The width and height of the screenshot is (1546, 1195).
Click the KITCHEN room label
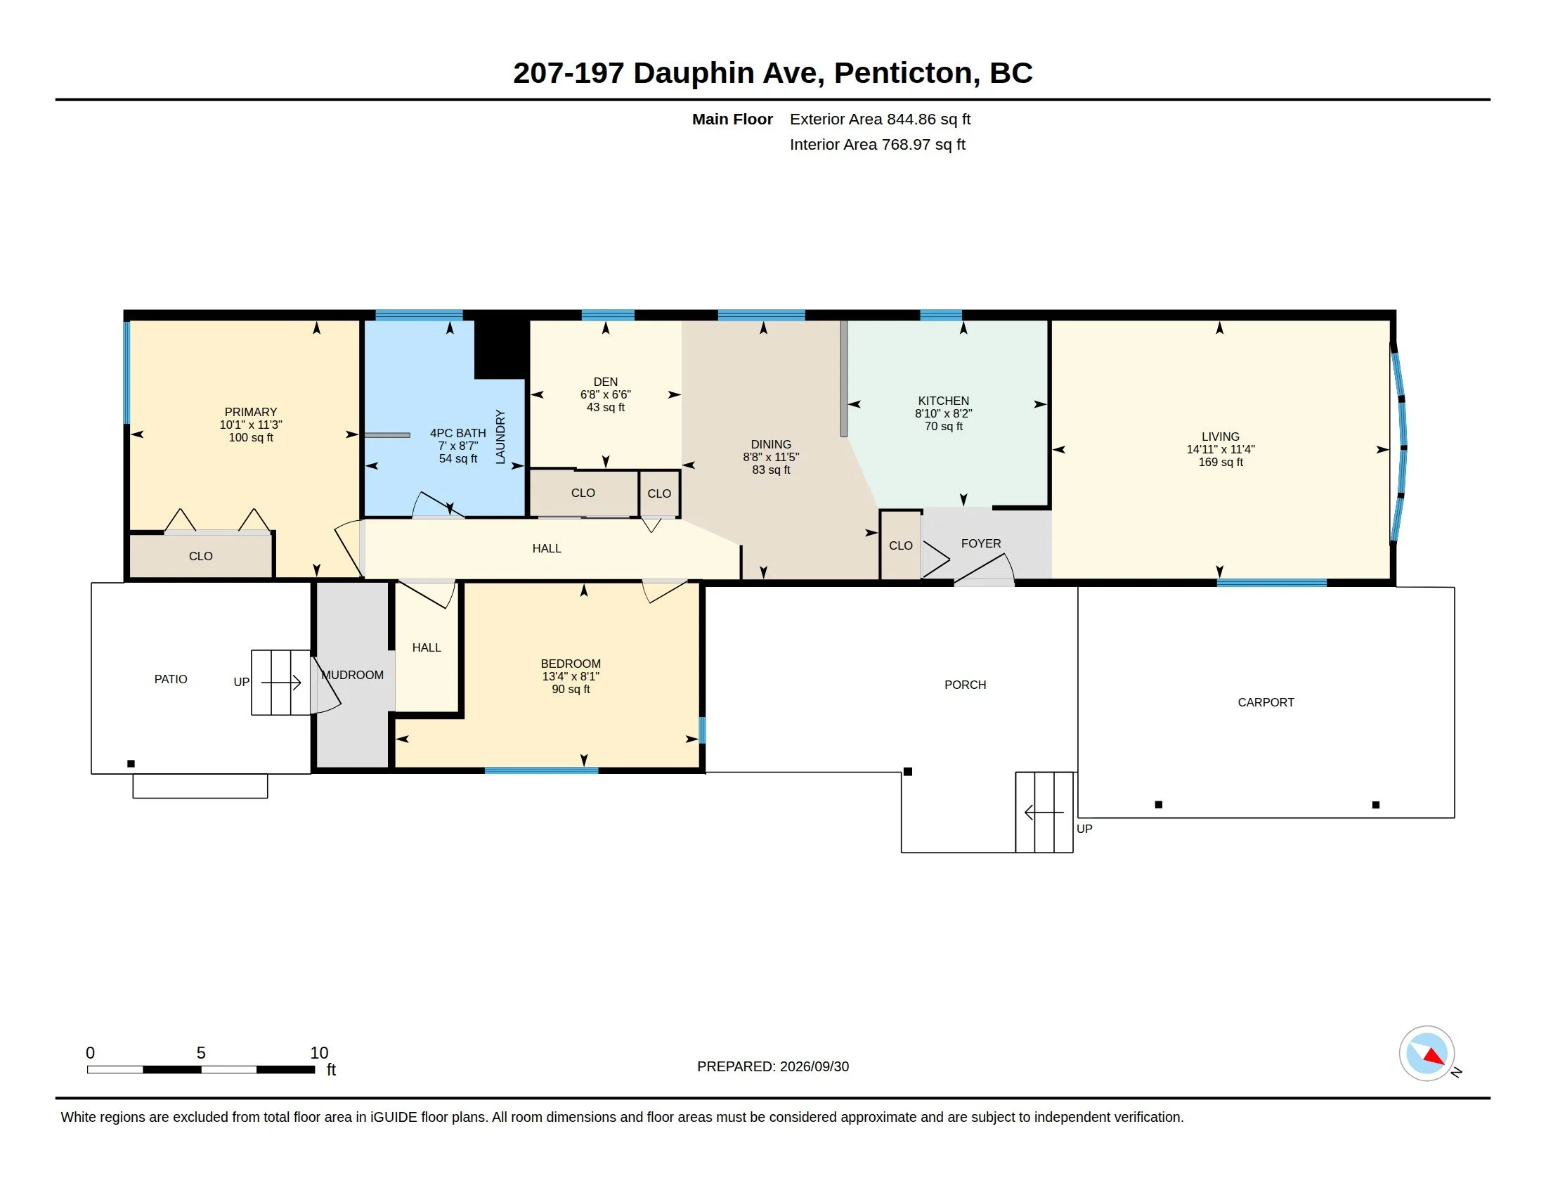coord(944,401)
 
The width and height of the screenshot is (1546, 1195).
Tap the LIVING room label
coord(1221,437)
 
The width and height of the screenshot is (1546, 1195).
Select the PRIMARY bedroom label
coord(251,412)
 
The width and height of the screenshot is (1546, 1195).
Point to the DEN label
coord(605,382)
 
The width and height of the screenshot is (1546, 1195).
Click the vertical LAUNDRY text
coord(500,437)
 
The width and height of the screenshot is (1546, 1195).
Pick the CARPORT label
coord(1266,702)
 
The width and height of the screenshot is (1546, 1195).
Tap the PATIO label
coord(171,679)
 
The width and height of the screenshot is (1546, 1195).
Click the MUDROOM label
coord(353,676)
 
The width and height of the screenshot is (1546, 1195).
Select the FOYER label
coord(981,543)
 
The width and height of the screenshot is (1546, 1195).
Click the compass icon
coord(1427,1054)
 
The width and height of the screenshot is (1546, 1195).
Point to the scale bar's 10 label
coord(319,1053)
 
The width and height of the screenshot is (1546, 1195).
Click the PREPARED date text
coord(773,1066)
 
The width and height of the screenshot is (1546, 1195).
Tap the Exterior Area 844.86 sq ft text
coord(880,119)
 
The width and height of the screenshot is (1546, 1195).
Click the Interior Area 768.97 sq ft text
coord(877,144)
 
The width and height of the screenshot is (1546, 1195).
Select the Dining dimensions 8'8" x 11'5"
coord(771,458)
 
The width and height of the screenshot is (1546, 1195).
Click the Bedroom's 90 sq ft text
coord(571,690)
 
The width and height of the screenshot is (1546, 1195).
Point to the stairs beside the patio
coord(281,683)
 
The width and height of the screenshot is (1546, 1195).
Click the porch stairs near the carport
coord(1045,812)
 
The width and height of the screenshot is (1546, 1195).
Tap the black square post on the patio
coord(131,763)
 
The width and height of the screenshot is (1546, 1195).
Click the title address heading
coord(773,73)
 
